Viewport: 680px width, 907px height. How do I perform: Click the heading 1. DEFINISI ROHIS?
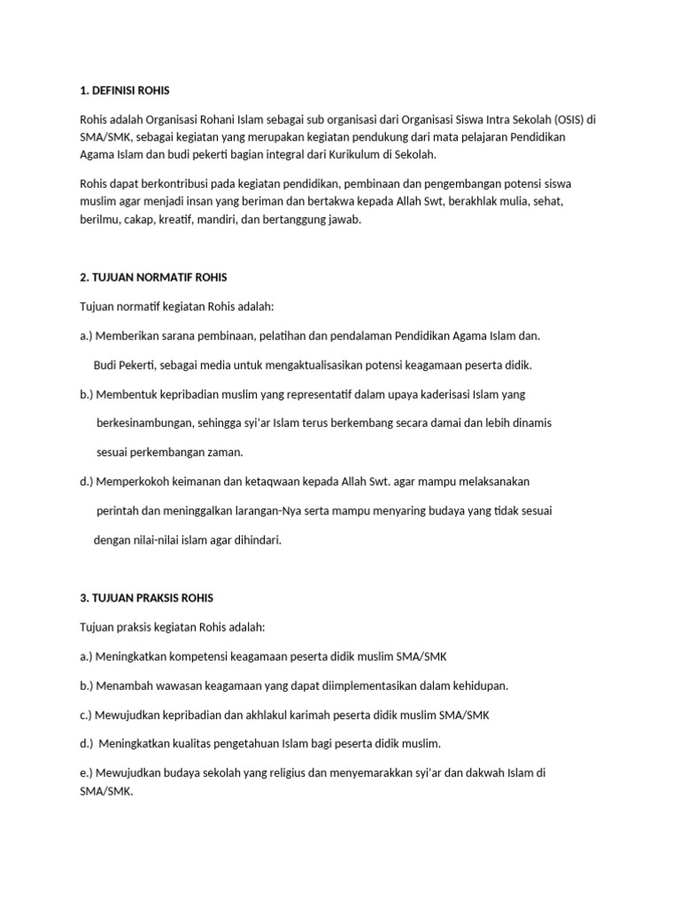click(124, 90)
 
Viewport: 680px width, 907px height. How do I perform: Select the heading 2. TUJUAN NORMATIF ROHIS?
click(153, 277)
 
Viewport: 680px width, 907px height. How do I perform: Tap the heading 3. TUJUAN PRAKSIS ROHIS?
click(146, 598)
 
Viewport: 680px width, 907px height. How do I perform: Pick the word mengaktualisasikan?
click(329, 365)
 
